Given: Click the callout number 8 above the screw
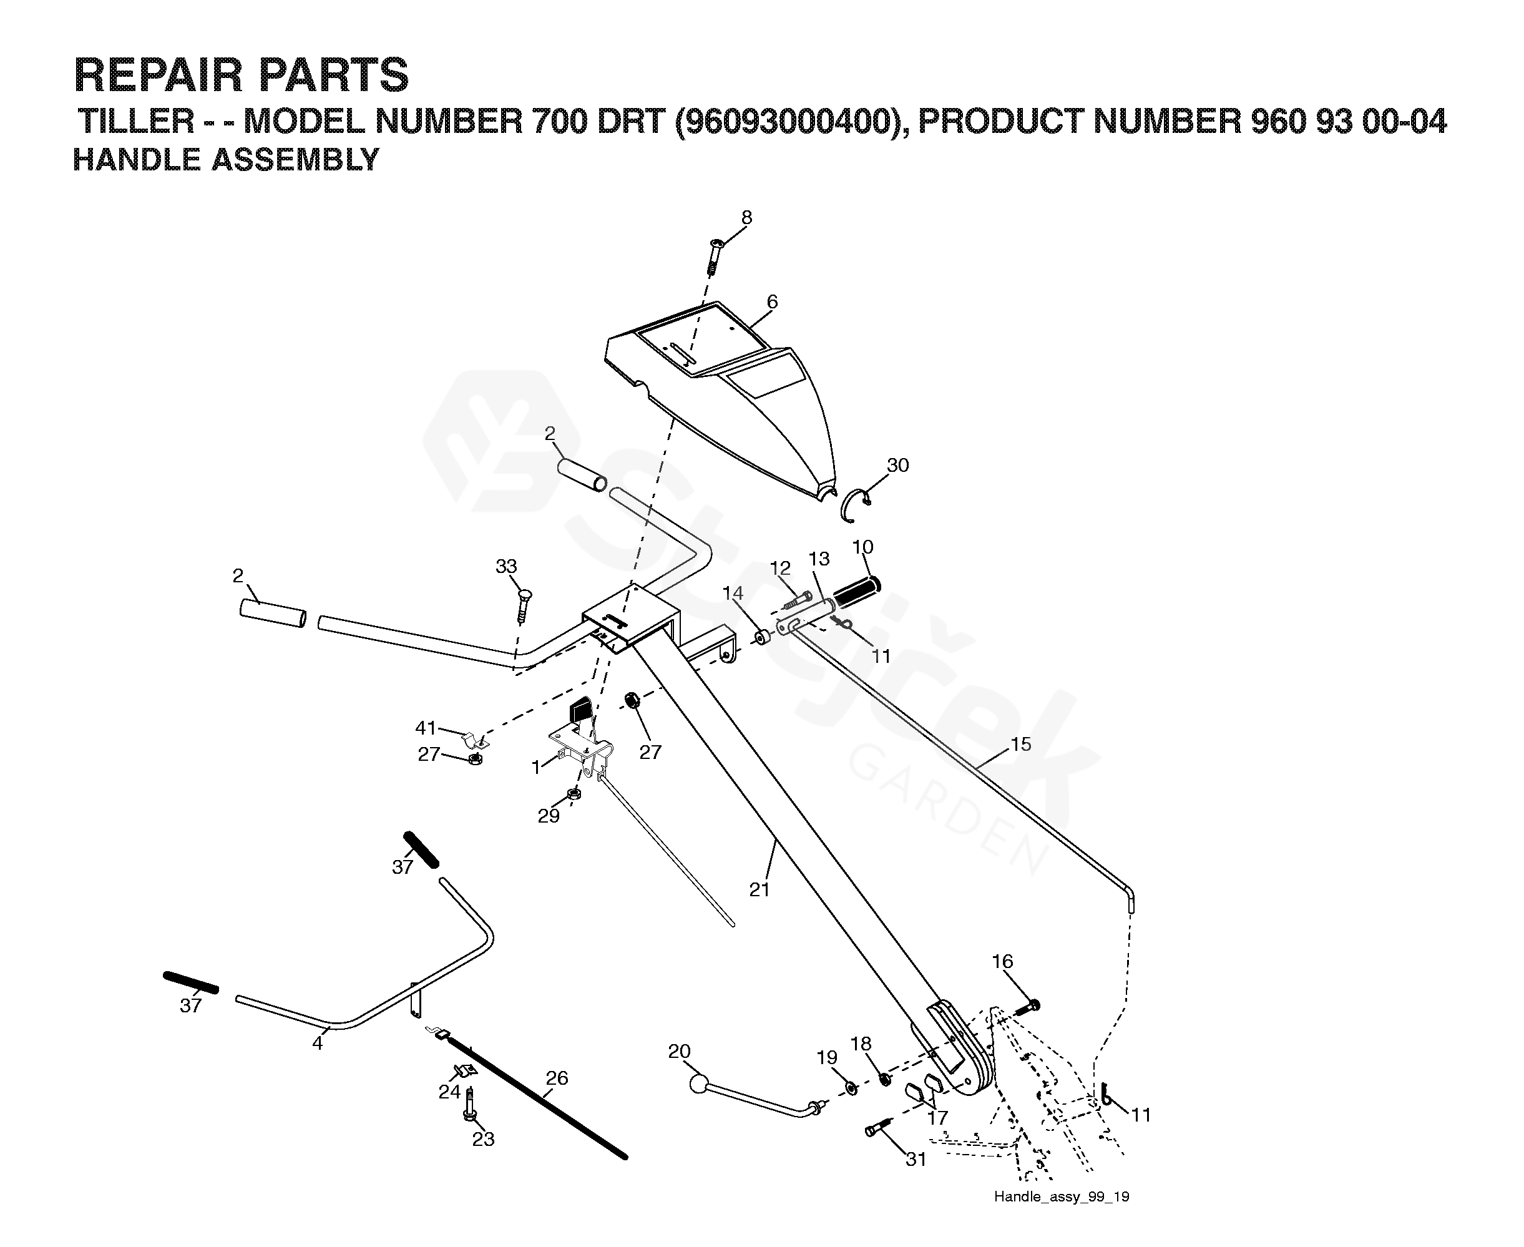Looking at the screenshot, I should pyautogui.click(x=746, y=217).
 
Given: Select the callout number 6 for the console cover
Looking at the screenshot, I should pyautogui.click(x=772, y=301).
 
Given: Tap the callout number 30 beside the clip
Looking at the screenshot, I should pyautogui.click(x=898, y=466).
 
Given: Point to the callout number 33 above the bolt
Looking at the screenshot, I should pyautogui.click(x=506, y=566).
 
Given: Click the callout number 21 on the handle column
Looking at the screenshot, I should pyautogui.click(x=759, y=889).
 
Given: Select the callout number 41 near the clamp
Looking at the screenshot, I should pyautogui.click(x=426, y=728).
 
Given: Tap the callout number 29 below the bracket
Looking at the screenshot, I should pyautogui.click(x=549, y=816).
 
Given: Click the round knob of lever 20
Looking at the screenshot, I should pyautogui.click(x=698, y=1084).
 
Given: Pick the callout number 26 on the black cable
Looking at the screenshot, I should pyautogui.click(x=557, y=1078).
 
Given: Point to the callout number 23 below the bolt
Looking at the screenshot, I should pyautogui.click(x=483, y=1139).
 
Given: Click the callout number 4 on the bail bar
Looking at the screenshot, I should pyautogui.click(x=318, y=1043).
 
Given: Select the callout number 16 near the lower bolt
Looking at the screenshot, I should pyautogui.click(x=1003, y=961).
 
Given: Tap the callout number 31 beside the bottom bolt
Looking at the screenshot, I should pyautogui.click(x=916, y=1160).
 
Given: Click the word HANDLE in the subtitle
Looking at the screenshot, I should pyautogui.click(x=137, y=160).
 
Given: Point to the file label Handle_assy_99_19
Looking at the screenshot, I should pyautogui.click(x=1062, y=1196).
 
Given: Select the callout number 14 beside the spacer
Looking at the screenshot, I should pyautogui.click(x=733, y=594).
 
